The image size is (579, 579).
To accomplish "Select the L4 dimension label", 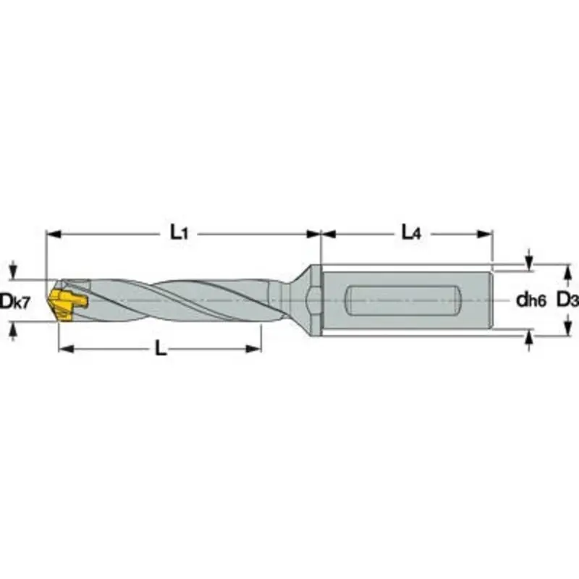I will click(411, 232).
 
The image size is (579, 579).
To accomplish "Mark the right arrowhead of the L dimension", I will click(254, 350).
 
